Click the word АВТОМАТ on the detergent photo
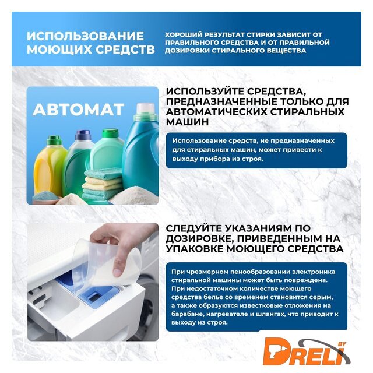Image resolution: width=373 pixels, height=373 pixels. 78,110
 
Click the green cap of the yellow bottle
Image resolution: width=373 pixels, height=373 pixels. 54,140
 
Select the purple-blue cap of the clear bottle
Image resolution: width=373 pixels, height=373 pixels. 83,135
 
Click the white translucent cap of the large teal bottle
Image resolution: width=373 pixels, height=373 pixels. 145,108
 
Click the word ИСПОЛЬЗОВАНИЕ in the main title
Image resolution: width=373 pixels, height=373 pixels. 85,36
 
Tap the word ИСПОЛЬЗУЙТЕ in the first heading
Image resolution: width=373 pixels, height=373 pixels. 205,92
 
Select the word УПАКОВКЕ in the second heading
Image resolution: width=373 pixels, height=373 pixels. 194,249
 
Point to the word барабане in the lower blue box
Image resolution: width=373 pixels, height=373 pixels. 186,314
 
